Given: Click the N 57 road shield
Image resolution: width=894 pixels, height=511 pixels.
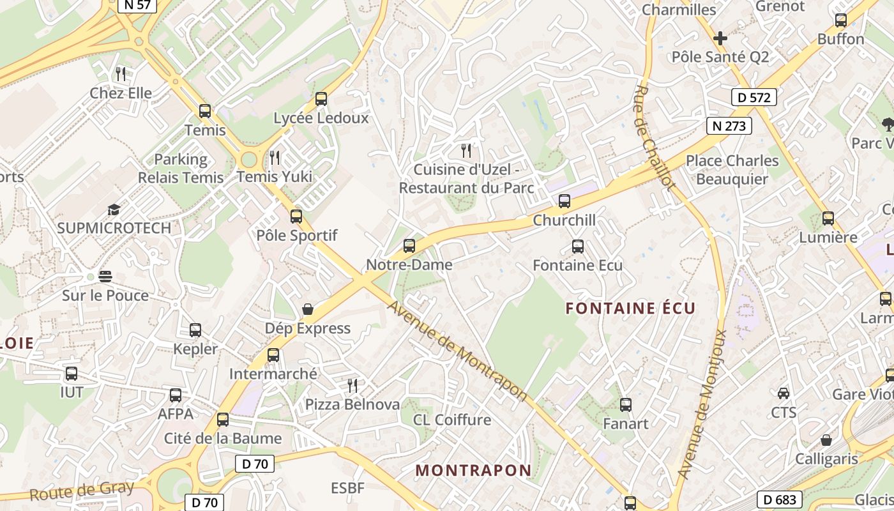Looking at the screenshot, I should click(x=137, y=5).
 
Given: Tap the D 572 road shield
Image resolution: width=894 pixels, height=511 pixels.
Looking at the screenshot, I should click(x=754, y=97).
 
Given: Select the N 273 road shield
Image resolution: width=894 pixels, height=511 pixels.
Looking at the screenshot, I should click(x=729, y=126).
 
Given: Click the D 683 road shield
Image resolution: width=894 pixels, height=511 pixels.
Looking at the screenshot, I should click(x=780, y=500).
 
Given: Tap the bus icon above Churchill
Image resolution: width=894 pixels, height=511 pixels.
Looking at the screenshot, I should click(x=564, y=201).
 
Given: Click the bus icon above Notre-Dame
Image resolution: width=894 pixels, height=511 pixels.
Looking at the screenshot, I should click(x=409, y=246).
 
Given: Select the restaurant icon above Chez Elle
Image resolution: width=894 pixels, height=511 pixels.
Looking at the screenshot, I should click(x=121, y=73).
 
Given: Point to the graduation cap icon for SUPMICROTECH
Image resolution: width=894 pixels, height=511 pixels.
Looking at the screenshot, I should click(x=114, y=210).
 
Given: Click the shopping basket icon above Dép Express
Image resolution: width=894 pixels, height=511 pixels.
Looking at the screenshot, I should click(x=308, y=309).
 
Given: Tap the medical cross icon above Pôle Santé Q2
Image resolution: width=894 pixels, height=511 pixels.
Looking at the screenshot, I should click(x=720, y=38).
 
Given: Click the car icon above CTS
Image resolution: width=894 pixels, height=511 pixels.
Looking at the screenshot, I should click(x=784, y=393).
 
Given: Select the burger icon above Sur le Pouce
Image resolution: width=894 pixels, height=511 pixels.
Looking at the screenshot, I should click(x=105, y=277).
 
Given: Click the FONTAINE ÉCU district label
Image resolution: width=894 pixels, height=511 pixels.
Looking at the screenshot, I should click(x=630, y=309).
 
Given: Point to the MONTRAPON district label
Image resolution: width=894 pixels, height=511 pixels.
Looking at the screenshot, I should click(x=473, y=471).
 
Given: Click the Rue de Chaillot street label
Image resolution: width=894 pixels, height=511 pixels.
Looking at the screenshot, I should click(x=655, y=137).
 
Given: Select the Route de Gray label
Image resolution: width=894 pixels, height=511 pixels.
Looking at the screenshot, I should click(x=82, y=491).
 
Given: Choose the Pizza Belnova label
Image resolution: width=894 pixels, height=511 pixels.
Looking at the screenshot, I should click(x=352, y=404).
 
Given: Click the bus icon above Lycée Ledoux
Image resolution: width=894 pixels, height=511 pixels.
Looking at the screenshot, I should click(x=321, y=99).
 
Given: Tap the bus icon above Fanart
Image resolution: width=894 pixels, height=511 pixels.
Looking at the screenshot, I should click(x=626, y=404).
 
